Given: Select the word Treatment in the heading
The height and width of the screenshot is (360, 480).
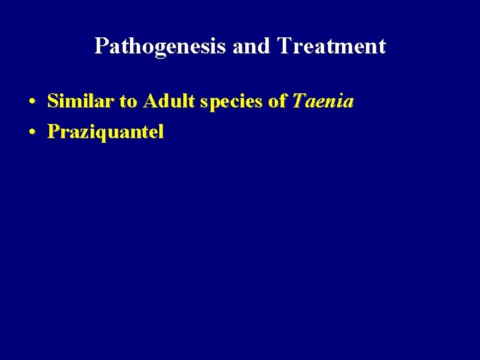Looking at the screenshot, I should click(x=331, y=46).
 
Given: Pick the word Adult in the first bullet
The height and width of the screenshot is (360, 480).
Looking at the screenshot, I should click(x=167, y=101).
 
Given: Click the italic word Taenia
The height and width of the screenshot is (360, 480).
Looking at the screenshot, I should click(x=323, y=101).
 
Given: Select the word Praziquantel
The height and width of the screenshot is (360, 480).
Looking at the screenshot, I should click(x=105, y=132).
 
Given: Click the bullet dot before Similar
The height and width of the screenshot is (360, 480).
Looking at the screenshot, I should click(x=32, y=103).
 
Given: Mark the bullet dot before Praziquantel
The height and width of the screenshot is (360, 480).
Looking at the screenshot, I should click(x=32, y=133).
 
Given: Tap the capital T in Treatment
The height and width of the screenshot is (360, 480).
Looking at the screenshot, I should click(x=283, y=46).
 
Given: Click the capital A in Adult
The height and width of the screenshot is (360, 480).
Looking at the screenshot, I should click(x=149, y=101).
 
